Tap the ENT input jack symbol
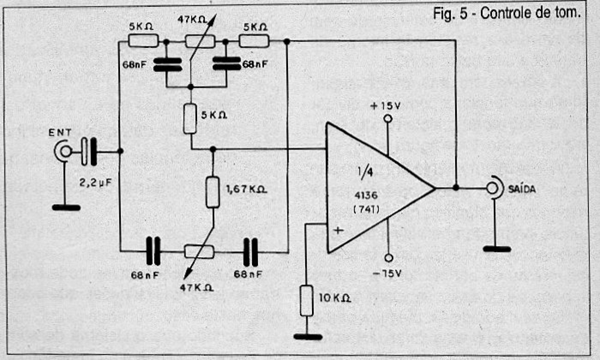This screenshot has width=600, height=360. click(x=64, y=152)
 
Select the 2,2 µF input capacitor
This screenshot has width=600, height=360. click(x=88, y=152)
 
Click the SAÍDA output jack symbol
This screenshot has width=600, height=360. click(x=494, y=188)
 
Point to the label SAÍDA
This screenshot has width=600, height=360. click(x=522, y=188)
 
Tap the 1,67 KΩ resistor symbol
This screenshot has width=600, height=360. click(x=213, y=192)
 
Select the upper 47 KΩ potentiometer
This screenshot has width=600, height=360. click(x=200, y=40)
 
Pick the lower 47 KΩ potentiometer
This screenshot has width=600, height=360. click(x=200, y=251)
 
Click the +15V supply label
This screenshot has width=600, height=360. click(x=387, y=105)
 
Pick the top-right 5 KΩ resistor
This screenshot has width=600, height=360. click(x=255, y=40)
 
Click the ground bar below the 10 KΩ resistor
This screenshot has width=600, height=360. click(x=307, y=336)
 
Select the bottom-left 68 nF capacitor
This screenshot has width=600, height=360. click(x=153, y=251)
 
